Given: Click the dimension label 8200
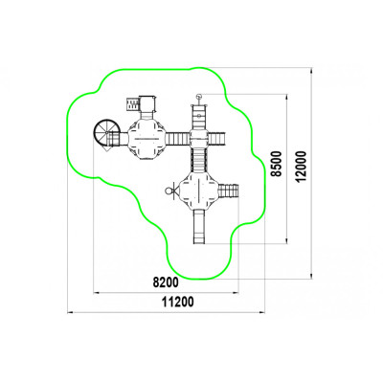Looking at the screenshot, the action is [166, 282].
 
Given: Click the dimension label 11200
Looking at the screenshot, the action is [178, 302].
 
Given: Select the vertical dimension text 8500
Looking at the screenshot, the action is [278, 164].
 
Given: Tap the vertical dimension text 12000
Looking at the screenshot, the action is [301, 167].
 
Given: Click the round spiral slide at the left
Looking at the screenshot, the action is [105, 133].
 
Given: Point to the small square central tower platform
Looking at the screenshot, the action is [199, 138].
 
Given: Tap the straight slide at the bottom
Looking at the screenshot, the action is [199, 227].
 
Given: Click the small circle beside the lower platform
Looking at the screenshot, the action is [169, 191].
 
